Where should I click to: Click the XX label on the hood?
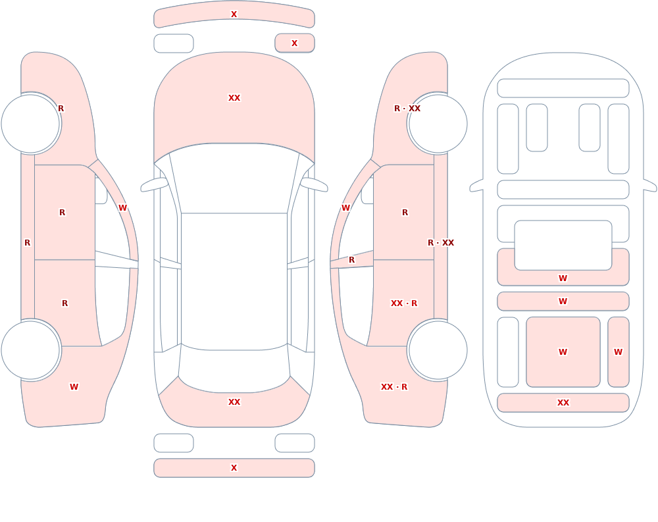(234, 98)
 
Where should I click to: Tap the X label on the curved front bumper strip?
(234, 14)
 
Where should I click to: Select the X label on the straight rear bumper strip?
(234, 468)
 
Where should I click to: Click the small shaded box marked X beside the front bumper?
(295, 43)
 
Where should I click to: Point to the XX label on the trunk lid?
(234, 402)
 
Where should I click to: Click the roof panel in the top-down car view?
(234, 281)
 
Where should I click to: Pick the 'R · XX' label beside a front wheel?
(407, 109)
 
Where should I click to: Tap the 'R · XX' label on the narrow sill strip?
(441, 243)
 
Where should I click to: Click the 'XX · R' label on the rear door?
(404, 303)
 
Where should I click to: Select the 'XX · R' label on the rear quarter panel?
(394, 387)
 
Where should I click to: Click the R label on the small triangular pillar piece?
(351, 260)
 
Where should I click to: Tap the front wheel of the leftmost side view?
(30, 124)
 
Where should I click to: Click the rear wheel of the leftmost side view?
(30, 350)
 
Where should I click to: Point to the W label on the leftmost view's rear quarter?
(74, 387)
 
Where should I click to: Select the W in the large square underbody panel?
(563, 352)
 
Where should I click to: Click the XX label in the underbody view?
(563, 403)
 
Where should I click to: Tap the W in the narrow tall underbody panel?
(618, 352)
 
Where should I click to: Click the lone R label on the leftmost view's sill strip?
(27, 243)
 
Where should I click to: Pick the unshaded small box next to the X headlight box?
(174, 43)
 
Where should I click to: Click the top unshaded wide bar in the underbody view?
(563, 88)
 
